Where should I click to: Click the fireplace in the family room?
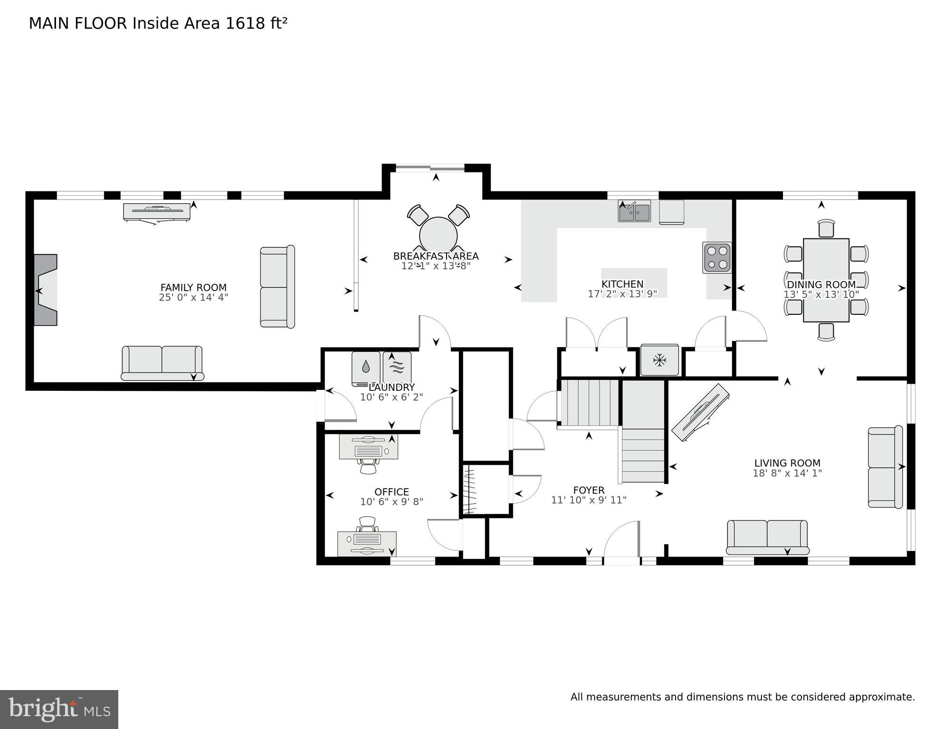point(46,290)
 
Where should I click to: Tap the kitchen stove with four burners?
point(717,257)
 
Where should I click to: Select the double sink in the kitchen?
point(634,211)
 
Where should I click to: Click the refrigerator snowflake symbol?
point(659,360)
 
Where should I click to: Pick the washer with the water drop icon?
point(366,368)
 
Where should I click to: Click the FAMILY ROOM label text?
point(193,287)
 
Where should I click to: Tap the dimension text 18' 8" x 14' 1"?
point(787,473)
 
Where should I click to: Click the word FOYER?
point(589,490)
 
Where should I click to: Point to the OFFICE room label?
point(391,492)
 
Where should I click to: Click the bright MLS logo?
point(59,710)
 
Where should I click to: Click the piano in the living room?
point(700,412)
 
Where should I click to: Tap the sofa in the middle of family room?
point(277,286)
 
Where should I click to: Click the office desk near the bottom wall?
point(367,543)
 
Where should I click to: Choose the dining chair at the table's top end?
point(826,228)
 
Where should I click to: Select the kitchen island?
point(634,283)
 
